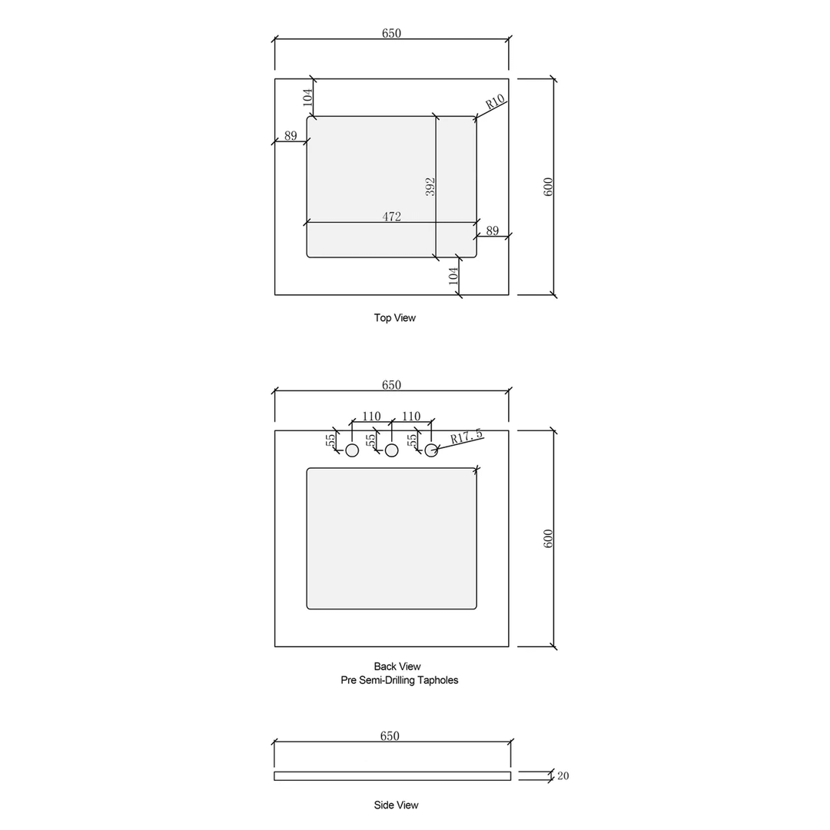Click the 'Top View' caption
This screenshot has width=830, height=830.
[394, 318]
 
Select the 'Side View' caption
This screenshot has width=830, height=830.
[396, 805]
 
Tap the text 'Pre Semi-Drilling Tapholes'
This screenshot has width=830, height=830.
[399, 680]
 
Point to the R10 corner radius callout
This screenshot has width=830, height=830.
[495, 101]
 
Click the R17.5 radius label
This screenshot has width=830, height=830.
[466, 437]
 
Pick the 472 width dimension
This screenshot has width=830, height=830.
[391, 217]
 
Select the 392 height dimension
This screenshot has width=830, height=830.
[430, 187]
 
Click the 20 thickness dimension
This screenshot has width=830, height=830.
[563, 776]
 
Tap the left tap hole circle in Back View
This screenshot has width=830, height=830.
[352, 450]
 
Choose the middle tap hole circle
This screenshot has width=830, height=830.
[392, 450]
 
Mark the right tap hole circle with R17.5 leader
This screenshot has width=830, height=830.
[431, 450]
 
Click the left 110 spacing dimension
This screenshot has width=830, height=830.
[371, 417]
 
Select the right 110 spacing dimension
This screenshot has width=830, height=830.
[411, 417]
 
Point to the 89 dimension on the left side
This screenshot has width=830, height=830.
[290, 136]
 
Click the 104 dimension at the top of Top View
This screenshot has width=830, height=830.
[307, 97]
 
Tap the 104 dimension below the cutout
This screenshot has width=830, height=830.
[454, 276]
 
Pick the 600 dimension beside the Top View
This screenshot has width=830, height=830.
[548, 187]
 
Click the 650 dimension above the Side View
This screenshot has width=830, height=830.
[390, 736]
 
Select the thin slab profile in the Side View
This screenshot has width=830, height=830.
[392, 776]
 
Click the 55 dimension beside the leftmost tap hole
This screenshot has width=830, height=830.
[330, 440]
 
